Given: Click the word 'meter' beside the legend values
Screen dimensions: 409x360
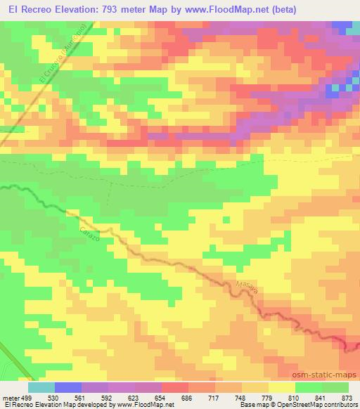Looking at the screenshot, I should click(10, 397).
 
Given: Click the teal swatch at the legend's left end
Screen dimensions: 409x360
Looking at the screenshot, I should click(41, 387).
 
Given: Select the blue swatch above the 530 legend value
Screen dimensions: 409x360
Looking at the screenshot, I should click(68, 387).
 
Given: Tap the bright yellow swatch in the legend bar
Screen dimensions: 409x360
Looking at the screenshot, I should click(281, 387).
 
